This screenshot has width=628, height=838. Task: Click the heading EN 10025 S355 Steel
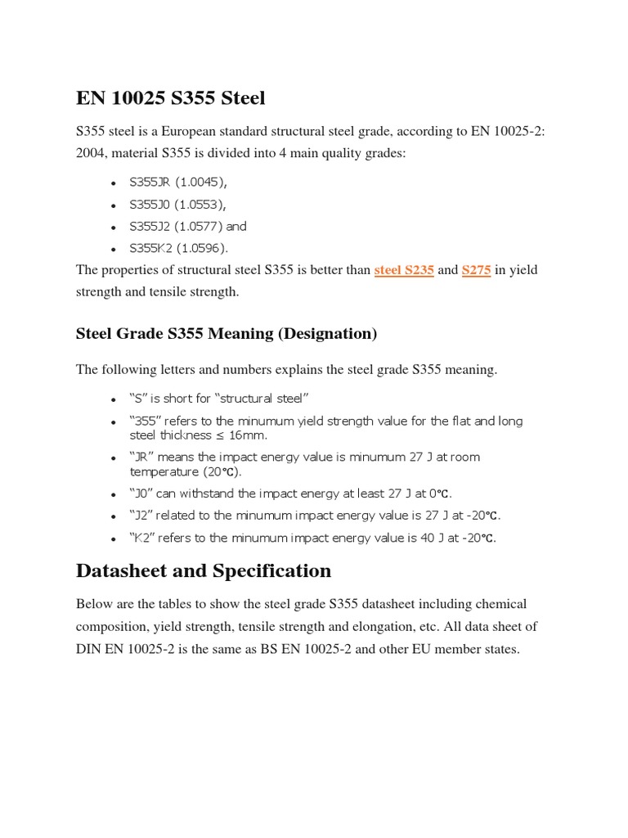click(x=170, y=98)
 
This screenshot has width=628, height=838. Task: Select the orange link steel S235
click(x=404, y=270)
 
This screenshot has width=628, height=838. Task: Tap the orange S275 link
click(x=476, y=270)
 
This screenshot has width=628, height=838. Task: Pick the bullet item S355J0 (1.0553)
click(x=177, y=205)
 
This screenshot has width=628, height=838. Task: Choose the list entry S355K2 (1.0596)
click(x=179, y=247)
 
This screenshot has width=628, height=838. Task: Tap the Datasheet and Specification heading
click(x=204, y=570)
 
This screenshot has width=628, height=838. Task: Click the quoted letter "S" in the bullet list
click(x=138, y=399)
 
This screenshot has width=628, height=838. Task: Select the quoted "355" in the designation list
click(x=145, y=421)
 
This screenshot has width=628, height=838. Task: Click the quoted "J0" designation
click(x=141, y=493)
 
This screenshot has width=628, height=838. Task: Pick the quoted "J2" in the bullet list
click(x=141, y=516)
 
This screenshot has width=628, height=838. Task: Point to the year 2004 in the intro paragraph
click(x=91, y=153)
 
